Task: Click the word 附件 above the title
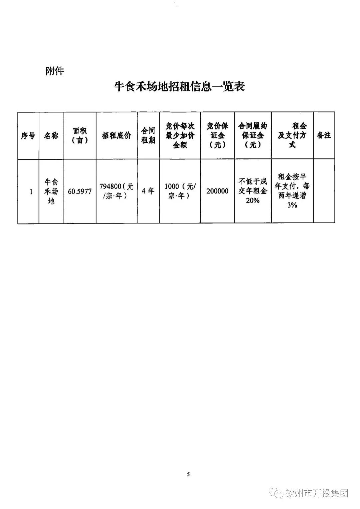point(55,71)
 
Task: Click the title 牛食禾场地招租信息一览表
point(179,86)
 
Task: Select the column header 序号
point(28,135)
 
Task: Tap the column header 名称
point(51,135)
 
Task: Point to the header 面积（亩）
point(80,135)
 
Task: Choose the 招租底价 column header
point(117,135)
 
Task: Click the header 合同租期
point(148,135)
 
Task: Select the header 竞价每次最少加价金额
point(180,135)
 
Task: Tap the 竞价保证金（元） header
point(217,135)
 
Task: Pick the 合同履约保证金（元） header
point(253,135)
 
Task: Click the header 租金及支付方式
point(292,135)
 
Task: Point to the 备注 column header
point(324,135)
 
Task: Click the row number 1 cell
point(31,191)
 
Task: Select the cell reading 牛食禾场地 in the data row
point(51,191)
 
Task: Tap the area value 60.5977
point(80,191)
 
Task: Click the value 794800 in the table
point(110,187)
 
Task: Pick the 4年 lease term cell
point(148,191)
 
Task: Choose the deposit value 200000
point(217,191)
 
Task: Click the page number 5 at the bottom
point(188,474)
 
